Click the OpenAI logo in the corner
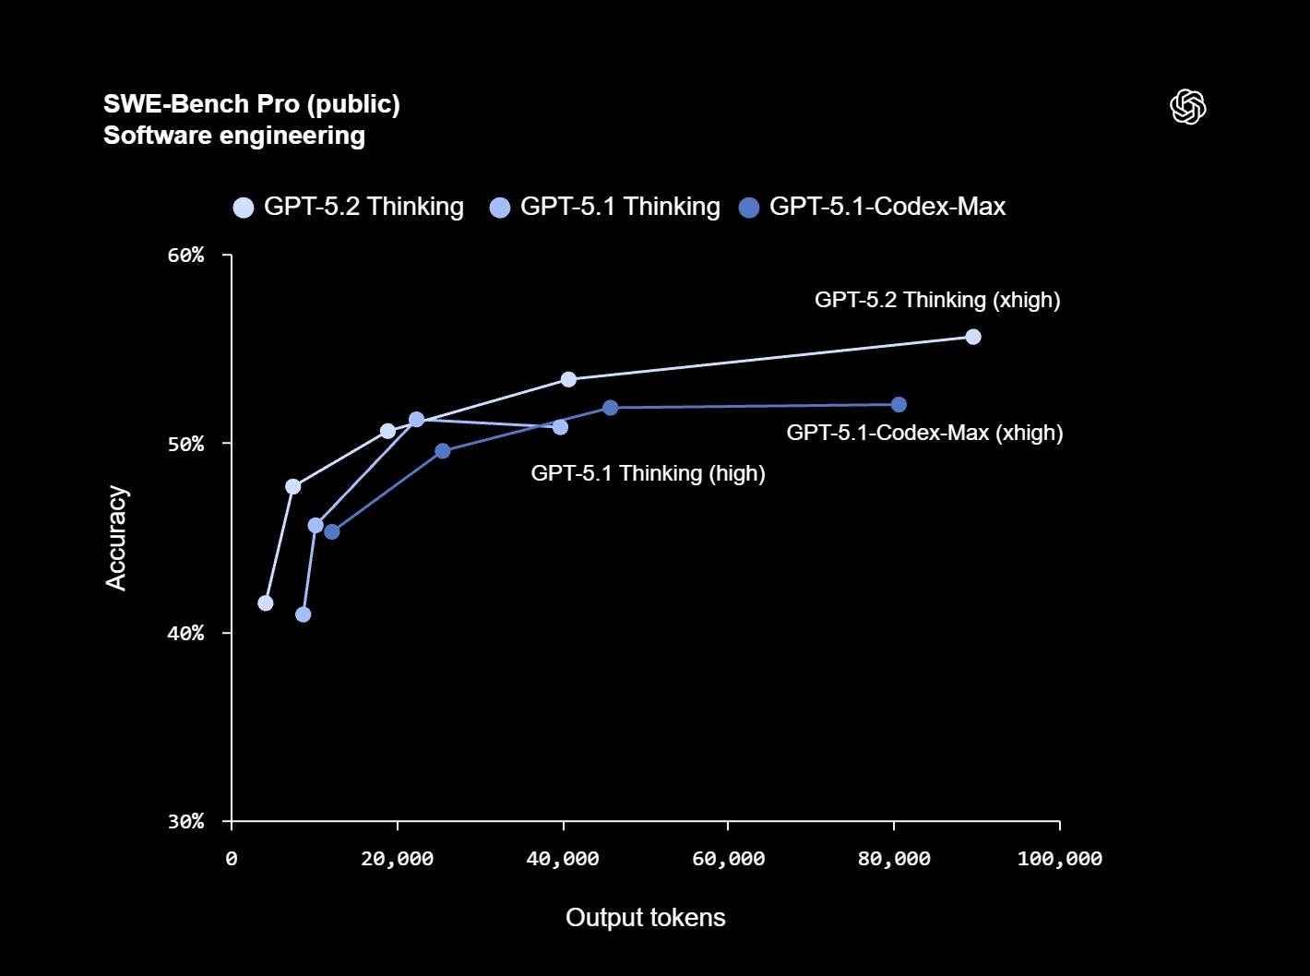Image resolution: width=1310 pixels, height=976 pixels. tap(1187, 107)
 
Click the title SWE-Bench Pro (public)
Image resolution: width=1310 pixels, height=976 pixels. tap(252, 104)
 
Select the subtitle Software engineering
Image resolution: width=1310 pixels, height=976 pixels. tap(234, 136)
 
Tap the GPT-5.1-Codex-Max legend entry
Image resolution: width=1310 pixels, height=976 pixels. tap(873, 207)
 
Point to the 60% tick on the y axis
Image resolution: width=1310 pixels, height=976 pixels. tap(185, 256)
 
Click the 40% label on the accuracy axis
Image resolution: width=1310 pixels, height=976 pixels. tap(185, 633)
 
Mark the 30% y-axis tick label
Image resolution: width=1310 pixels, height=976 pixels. tap(185, 822)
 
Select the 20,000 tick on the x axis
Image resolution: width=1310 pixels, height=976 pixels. tap(398, 859)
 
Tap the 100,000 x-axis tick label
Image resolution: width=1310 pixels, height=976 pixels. tap(1059, 859)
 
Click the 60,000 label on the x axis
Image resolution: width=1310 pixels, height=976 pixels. tap(728, 859)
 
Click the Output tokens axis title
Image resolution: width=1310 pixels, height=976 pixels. tap(646, 918)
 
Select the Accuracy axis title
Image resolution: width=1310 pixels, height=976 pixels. tap(116, 538)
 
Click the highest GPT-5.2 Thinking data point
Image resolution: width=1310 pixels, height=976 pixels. tap(972, 337)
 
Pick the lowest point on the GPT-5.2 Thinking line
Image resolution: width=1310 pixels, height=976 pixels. tap(266, 602)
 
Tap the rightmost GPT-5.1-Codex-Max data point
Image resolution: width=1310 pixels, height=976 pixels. tap(899, 404)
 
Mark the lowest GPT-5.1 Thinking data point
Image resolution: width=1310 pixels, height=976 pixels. tap(304, 614)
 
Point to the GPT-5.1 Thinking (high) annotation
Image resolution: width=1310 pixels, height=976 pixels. tap(648, 473)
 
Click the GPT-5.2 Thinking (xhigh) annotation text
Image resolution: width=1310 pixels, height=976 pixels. tap(937, 300)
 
